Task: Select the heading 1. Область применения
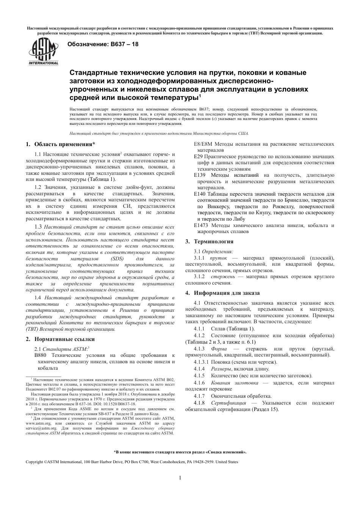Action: click(60, 144)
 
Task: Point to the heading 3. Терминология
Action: click(209, 241)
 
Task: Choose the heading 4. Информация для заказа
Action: click(222, 293)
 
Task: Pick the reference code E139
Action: click(200, 175)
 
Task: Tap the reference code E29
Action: click(199, 156)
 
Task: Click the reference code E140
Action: click(200, 194)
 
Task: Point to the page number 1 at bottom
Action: click(180, 478)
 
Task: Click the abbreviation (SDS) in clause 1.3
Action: click(117, 258)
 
